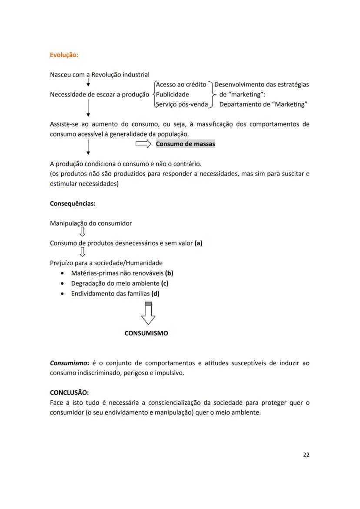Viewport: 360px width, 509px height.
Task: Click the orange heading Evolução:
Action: [64, 55]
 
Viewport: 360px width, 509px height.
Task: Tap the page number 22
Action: [306, 455]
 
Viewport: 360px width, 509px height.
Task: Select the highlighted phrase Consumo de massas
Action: [185, 144]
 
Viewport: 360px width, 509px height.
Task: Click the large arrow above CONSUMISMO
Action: [148, 313]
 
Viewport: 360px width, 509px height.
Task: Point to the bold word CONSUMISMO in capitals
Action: [146, 333]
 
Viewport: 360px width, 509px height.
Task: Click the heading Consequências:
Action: [73, 203]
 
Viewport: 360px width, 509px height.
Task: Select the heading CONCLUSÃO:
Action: [69, 393]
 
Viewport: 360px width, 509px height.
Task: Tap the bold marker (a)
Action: [198, 243]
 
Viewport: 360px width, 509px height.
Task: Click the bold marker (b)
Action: [169, 273]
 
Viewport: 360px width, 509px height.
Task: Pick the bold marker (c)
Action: [164, 283]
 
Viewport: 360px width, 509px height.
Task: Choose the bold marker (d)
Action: [155, 293]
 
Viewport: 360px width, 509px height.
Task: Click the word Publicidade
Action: [172, 94]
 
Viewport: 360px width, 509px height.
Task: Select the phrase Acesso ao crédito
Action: [181, 84]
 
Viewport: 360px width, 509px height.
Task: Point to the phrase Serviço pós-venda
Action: [182, 104]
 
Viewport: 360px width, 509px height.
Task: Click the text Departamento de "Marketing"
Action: [263, 104]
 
